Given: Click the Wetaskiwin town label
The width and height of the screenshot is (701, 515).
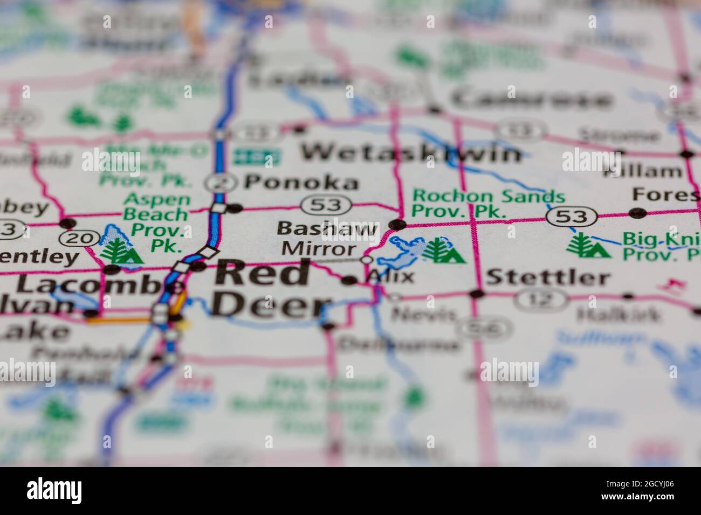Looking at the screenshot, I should point(411,153).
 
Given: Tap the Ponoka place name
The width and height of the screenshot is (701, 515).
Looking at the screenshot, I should point(301,182).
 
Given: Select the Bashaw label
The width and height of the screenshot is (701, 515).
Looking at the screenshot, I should point(327,228).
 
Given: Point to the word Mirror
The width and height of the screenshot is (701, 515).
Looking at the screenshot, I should point(319,249).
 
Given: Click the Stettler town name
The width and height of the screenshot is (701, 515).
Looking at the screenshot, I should point(548,278).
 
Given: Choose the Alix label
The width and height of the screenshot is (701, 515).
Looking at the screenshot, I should point(390,277).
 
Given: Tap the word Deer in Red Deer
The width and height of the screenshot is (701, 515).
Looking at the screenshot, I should point(268,305).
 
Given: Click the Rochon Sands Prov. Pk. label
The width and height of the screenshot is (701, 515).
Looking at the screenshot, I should point(488,204).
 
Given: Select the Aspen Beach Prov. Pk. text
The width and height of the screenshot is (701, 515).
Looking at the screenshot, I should point(156,214).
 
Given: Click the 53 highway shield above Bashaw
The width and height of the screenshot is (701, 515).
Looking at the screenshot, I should point(326,205).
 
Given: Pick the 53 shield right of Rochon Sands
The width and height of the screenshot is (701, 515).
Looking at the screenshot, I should point(572,217).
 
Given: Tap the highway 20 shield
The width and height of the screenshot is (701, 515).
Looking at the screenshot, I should point(79,237).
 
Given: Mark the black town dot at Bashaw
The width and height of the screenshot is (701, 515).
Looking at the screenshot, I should point(397,224).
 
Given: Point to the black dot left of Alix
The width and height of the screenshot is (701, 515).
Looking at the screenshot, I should point(349,280).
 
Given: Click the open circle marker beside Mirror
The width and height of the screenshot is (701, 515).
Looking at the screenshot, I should point(367,260).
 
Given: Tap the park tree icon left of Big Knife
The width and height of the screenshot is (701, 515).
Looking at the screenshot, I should point(588,246).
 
